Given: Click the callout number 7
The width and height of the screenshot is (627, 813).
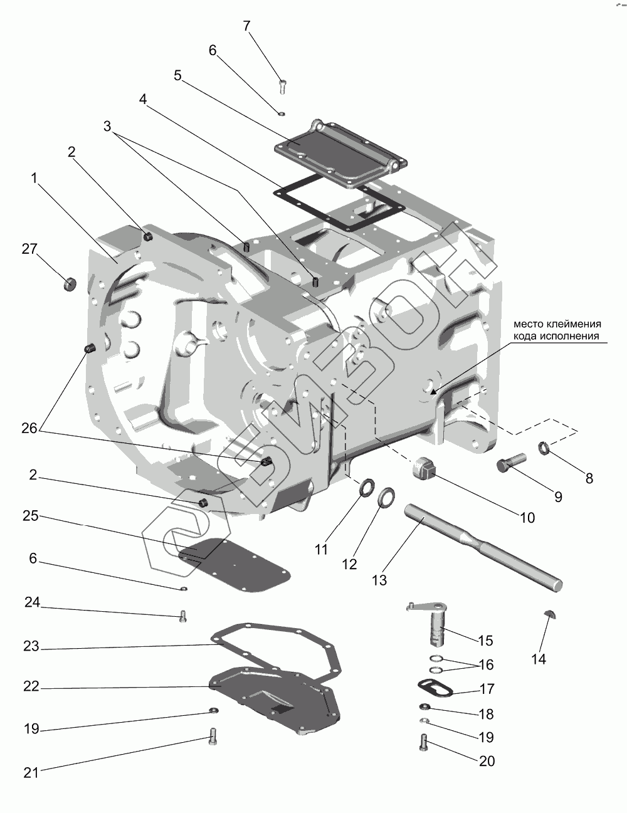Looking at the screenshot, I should [x=246, y=26].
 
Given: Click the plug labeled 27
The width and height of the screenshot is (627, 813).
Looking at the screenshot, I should [x=70, y=283].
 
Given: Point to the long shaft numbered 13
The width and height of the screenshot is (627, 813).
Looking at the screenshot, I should [x=483, y=547].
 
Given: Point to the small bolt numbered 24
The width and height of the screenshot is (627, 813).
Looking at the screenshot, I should [x=183, y=616].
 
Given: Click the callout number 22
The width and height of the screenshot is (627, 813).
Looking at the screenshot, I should [x=31, y=686].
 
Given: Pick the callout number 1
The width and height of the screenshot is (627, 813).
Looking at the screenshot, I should [x=34, y=179].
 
